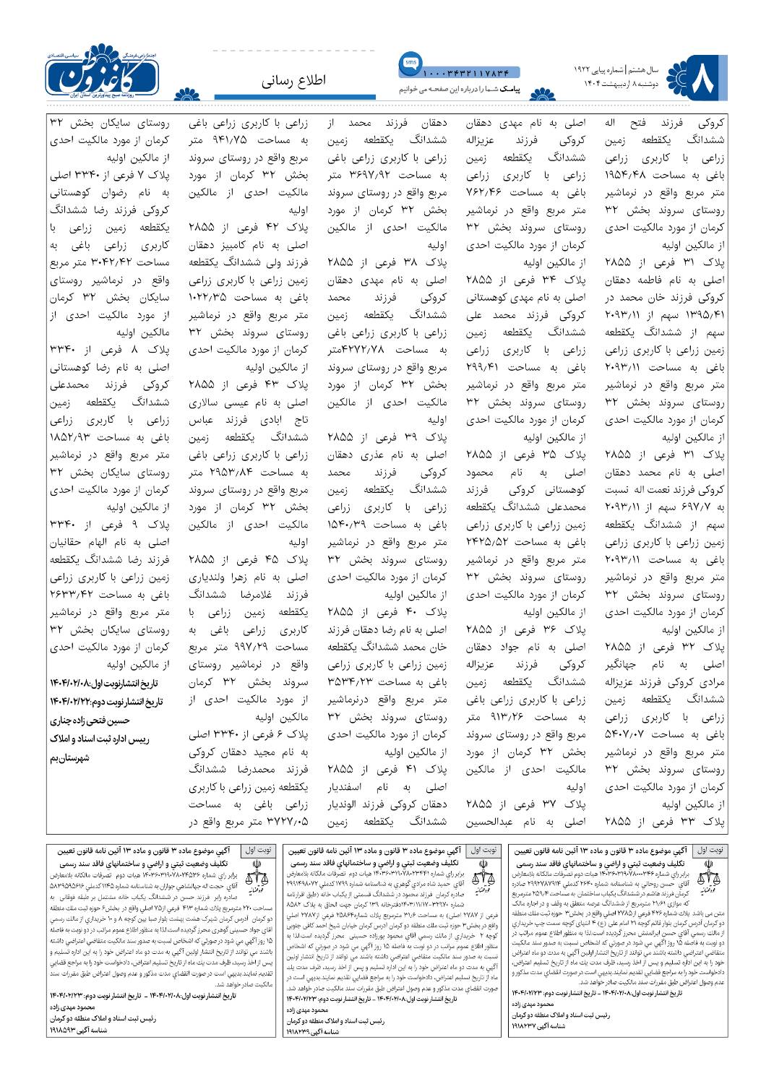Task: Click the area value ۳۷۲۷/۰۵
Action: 287,822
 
